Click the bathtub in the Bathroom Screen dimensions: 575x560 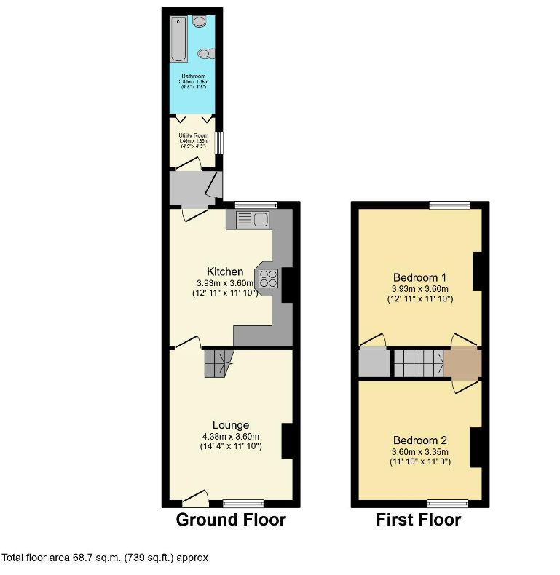click(176, 39)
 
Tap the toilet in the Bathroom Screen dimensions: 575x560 click(205, 53)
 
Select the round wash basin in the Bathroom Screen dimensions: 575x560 click(200, 23)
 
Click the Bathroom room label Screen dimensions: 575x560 click(193, 76)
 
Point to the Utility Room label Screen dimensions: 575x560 click(194, 135)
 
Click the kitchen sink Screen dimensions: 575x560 click(252, 218)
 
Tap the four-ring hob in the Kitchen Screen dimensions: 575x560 click(267, 277)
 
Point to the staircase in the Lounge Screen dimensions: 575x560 click(218, 362)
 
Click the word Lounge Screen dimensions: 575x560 click(231, 425)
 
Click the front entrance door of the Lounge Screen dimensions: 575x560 click(194, 499)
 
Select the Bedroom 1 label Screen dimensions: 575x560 click(419, 277)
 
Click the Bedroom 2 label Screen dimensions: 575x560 click(419, 440)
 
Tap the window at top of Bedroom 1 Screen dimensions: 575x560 click(449, 205)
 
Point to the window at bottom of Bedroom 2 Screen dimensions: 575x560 click(447, 503)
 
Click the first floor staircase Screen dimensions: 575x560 click(419, 362)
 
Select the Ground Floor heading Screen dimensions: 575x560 click(231, 520)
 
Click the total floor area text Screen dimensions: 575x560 click(105, 558)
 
